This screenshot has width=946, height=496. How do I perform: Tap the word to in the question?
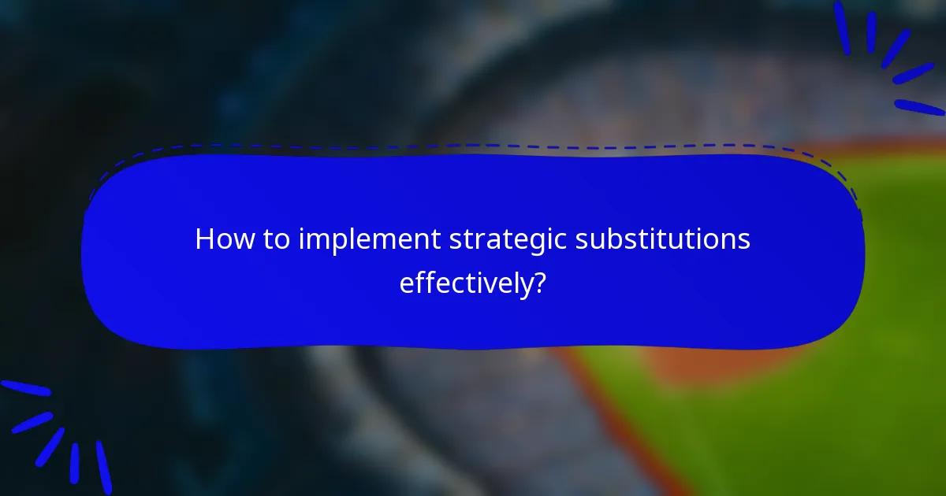(277, 239)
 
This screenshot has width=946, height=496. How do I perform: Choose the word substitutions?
(662, 239)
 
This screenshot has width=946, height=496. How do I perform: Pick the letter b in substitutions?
(620, 239)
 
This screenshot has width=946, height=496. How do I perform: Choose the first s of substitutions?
(582, 240)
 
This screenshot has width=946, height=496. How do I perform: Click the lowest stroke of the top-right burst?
(918, 107)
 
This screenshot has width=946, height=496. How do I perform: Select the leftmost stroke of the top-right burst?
(842, 28)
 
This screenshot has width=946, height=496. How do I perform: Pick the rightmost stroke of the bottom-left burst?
(103, 467)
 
